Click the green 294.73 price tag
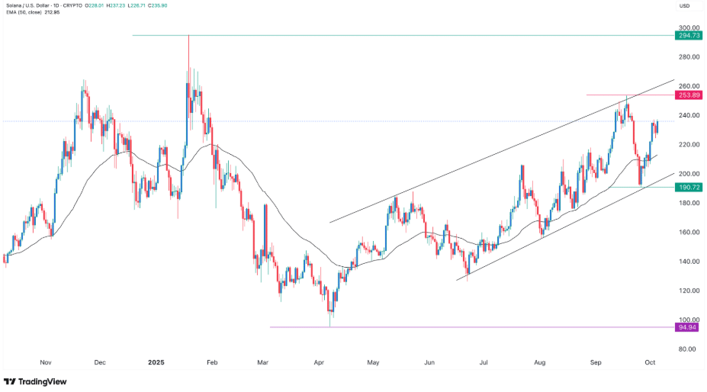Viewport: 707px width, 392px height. point(689,36)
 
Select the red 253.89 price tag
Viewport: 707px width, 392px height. point(689,95)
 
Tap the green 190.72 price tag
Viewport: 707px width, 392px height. point(689,187)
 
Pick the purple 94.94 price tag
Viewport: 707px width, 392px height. point(689,327)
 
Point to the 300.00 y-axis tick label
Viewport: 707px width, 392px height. point(689,27)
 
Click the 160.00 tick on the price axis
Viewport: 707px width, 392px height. point(689,232)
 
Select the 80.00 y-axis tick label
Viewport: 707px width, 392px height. point(689,349)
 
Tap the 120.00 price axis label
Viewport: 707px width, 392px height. point(689,291)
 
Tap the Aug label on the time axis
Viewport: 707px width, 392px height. point(541,364)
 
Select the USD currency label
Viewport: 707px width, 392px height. point(684,6)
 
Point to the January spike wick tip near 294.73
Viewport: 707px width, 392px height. point(188,37)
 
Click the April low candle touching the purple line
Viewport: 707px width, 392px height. point(330,320)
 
